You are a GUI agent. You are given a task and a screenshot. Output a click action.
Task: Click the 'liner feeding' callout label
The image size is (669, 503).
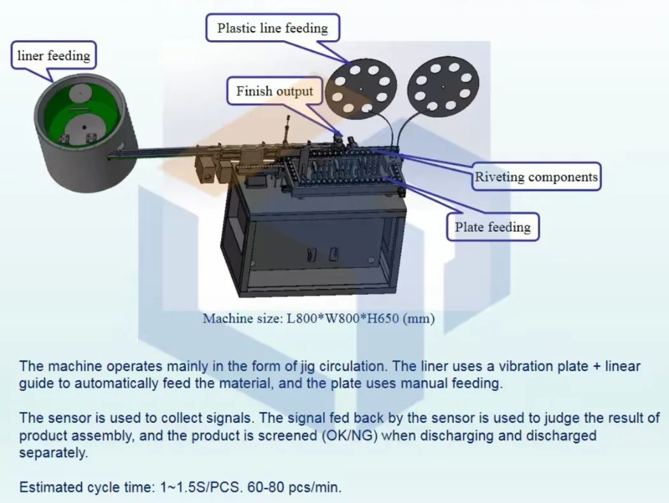pyautogui.click(x=54, y=55)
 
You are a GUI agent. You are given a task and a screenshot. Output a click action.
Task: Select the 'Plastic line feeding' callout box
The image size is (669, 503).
pyautogui.click(x=273, y=28)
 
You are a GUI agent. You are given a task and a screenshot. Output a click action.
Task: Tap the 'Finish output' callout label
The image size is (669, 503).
pyautogui.click(x=275, y=91)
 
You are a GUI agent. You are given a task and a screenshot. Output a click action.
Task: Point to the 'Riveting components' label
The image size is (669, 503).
pyautogui.click(x=536, y=176)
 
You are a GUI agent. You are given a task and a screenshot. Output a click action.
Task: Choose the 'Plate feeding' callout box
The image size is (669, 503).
pyautogui.click(x=493, y=227)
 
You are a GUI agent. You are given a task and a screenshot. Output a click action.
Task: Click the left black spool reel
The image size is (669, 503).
pyautogui.click(x=361, y=88)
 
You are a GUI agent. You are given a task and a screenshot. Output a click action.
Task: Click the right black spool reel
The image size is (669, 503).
pyautogui.click(x=443, y=87)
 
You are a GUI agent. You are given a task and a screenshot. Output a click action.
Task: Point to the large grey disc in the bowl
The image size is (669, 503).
pyautogui.click(x=84, y=128)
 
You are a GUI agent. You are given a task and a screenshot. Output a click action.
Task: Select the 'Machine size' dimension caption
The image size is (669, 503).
pyautogui.click(x=319, y=318)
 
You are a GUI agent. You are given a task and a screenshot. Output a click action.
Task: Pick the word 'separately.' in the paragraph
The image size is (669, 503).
pyautogui.click(x=53, y=453)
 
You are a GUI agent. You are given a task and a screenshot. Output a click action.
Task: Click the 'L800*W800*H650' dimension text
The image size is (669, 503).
pyautogui.click(x=343, y=318)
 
